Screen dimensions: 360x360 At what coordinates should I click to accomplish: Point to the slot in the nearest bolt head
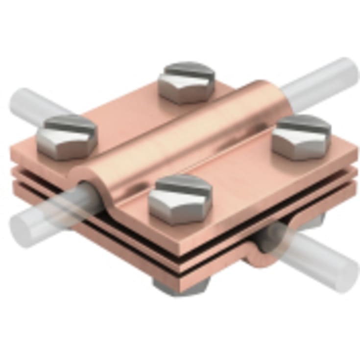click(x=184, y=186)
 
